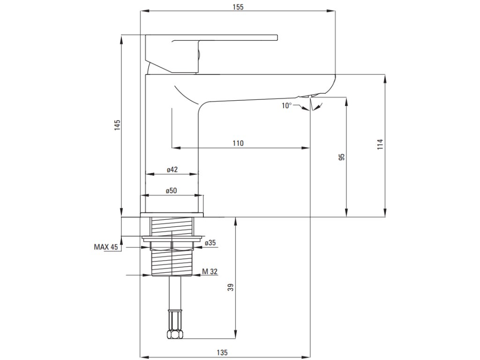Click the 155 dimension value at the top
[238, 7]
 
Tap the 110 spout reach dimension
[238, 143]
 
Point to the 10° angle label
[286, 105]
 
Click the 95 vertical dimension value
[342, 157]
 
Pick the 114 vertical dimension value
[380, 144]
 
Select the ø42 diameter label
[172, 170]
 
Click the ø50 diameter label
[172, 191]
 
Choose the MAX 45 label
[106, 247]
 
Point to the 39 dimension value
[230, 287]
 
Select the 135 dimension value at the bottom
[223, 352]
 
